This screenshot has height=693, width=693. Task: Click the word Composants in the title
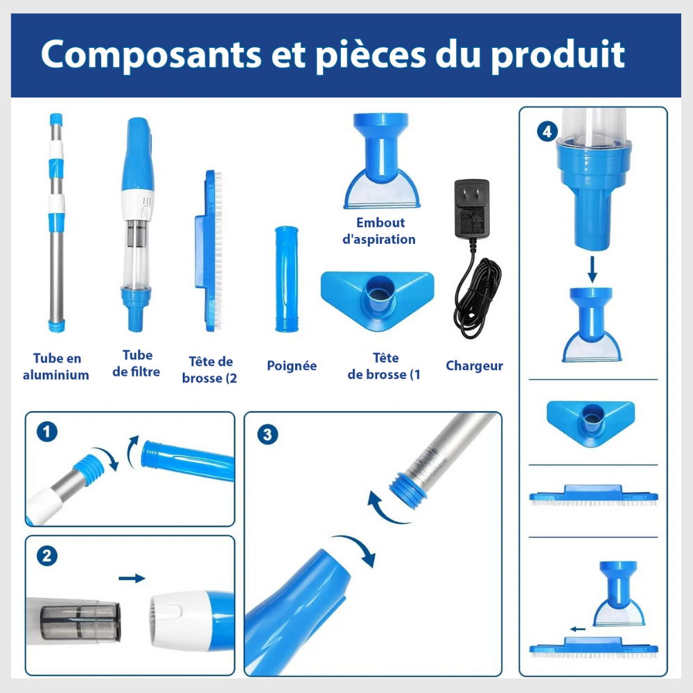151,55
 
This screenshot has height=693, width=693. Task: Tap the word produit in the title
558,55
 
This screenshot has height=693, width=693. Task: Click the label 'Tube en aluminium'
56,367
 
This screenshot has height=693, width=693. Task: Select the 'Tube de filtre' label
137,363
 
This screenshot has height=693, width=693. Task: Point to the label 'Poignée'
292,366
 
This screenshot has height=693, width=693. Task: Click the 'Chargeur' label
474,365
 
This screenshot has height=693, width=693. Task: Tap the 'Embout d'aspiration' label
379,231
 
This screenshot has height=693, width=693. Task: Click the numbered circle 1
47,431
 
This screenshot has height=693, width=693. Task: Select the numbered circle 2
47,556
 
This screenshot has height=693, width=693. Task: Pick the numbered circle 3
267,435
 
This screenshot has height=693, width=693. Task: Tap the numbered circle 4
547,132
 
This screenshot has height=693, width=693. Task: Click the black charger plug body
471,208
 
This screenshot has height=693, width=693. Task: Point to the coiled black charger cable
477,296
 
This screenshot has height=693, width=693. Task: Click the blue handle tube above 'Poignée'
286,279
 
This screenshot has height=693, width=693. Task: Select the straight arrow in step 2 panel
132,578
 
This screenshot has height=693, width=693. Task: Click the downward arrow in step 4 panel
593,269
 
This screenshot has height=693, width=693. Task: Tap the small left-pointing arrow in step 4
578,629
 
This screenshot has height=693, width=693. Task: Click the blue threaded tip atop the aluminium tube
56,119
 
